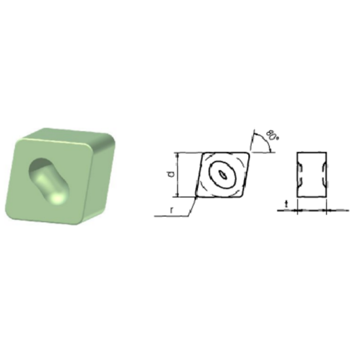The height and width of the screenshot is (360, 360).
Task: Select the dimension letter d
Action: [170, 173]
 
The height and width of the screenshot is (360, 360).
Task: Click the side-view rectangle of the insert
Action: [312, 174]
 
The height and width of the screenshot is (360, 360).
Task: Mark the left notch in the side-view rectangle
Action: [300, 174]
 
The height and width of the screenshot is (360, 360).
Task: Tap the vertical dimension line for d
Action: [178, 174]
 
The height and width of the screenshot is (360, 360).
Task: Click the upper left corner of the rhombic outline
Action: [203, 154]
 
